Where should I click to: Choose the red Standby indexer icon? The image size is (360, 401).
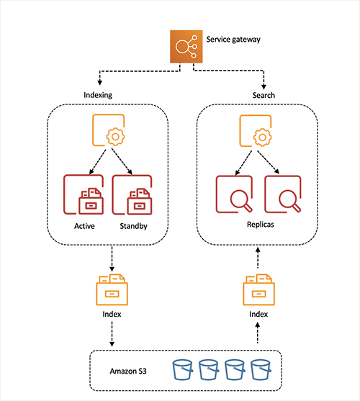coord(133,195)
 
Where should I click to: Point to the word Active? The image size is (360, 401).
coord(85,227)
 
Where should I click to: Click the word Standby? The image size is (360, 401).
coord(133,227)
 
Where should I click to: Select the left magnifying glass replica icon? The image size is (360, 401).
coord(236,195)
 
